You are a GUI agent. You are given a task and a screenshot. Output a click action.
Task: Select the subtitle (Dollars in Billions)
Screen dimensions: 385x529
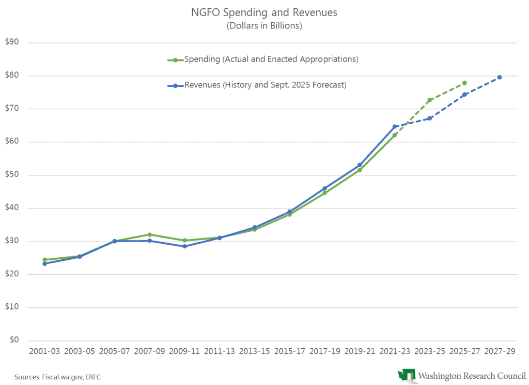pos(264,25)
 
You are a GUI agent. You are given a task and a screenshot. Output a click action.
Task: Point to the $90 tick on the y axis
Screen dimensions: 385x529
pos(25,42)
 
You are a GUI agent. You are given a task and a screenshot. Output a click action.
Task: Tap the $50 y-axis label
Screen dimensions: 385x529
pos(25,175)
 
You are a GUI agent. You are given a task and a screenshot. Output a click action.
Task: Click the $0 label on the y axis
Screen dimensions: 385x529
pos(27,340)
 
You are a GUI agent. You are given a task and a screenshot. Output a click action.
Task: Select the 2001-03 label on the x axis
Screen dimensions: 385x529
pos(45,351)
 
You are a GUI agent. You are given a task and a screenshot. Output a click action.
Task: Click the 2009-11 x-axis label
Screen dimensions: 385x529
pos(184,351)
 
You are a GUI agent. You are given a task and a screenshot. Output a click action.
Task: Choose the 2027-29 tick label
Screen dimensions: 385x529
pos(500,351)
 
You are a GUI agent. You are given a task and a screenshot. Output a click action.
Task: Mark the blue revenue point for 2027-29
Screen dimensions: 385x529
pos(500,78)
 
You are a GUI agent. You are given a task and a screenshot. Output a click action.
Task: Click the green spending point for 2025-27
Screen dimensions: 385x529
pos(464,83)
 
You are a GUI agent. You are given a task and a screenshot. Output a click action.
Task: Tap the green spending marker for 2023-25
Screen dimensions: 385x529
pos(429,100)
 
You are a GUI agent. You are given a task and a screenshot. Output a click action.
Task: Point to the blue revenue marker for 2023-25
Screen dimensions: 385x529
pos(429,119)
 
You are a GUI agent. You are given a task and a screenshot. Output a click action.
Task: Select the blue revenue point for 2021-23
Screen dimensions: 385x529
pos(395,126)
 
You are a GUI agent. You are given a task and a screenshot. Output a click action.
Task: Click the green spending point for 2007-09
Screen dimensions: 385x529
pos(150,234)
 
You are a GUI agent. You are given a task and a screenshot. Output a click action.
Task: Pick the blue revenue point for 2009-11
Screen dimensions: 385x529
pos(184,246)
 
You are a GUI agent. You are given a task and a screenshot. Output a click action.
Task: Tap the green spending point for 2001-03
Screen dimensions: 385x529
pos(45,260)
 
